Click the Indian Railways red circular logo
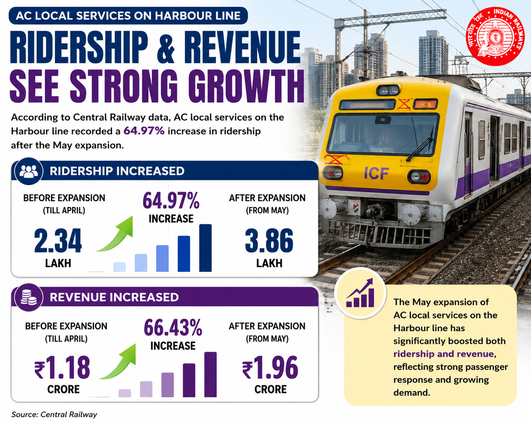tap(495, 36)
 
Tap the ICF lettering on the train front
tap(376, 173)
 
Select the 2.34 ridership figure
tap(58, 241)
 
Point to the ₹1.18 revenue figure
tap(62, 367)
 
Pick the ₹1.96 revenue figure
tap(270, 367)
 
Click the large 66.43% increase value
tap(173, 328)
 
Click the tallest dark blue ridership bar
tap(205, 248)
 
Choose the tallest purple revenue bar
tap(211, 374)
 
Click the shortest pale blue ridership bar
tap(119, 267)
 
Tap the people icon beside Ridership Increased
tap(29, 171)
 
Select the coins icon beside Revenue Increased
tap(29, 297)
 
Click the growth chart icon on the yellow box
tap(361, 293)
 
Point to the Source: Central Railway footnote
tap(54, 414)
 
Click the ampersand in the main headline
tap(166, 47)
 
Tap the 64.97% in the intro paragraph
tap(144, 131)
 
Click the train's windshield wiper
tap(420, 145)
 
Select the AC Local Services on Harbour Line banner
tap(128, 16)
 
